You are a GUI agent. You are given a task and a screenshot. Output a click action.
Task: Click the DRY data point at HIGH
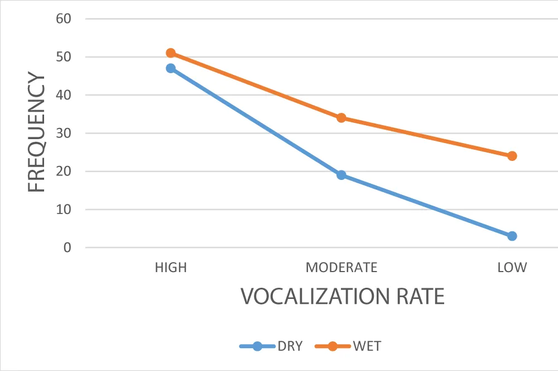coord(171,69)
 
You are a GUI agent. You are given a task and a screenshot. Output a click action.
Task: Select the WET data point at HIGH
coord(171,53)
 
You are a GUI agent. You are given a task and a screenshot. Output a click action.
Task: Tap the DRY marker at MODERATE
coord(341,175)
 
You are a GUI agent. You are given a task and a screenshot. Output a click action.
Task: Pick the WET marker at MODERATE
coord(341,118)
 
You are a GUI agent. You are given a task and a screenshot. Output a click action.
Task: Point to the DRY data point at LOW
coord(512,236)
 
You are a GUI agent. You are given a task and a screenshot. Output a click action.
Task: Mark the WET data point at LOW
coord(512,156)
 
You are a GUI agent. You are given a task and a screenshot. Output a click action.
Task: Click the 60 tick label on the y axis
coord(64,19)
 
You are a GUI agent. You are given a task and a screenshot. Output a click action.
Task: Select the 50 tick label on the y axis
coord(64,57)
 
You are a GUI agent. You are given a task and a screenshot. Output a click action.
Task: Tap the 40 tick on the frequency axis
coord(64,95)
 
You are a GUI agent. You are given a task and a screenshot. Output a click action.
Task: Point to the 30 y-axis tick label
coord(64,134)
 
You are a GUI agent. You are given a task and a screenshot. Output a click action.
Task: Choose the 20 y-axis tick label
coord(64,172)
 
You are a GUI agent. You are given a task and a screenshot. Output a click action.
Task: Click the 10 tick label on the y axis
coord(64,210)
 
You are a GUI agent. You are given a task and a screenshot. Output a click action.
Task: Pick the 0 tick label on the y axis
coord(68,248)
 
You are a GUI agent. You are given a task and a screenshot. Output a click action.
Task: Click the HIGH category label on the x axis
coord(171,268)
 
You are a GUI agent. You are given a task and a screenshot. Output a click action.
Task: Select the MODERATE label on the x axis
coord(341,268)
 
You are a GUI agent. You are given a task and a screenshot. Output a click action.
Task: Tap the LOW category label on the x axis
coord(512,268)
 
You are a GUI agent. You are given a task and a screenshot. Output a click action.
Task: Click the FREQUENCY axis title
coord(37,133)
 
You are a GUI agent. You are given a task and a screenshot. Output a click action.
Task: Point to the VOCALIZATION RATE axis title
coord(343,296)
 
